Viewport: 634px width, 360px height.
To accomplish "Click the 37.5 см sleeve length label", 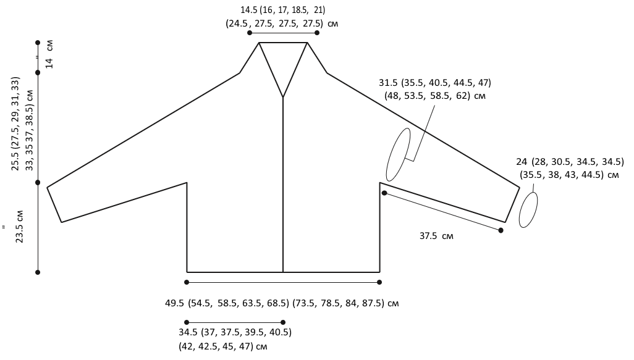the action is point(436,235).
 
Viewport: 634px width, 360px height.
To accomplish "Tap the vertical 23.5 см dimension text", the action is point(19,227).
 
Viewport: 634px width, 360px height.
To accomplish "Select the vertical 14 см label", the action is point(49,54).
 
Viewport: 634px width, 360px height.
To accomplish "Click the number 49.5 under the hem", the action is point(175,303).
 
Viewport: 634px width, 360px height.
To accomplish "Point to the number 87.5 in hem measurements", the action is point(374,303).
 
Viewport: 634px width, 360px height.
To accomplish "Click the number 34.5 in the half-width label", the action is point(188,332).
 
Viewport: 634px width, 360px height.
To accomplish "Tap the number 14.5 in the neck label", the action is point(248,10).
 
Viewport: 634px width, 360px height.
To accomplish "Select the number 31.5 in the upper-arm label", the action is point(388,83).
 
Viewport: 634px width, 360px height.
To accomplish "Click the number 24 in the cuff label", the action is point(522,162).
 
